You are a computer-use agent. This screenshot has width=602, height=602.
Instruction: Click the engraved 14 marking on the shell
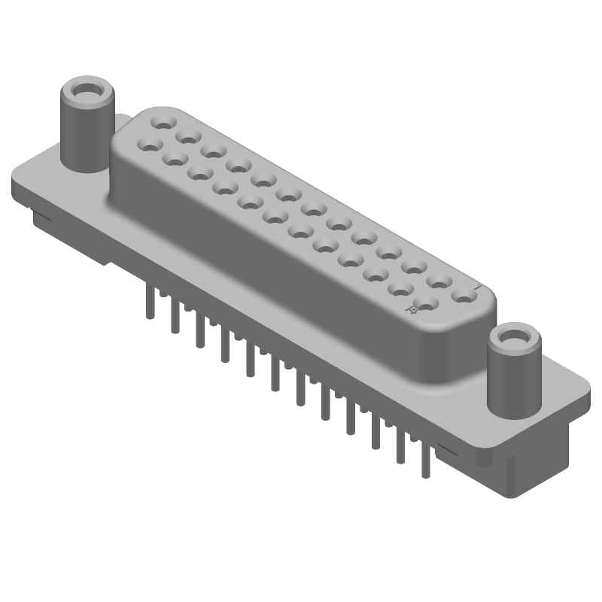pos(412,309)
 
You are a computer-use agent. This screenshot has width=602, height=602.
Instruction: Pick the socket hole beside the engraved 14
pos(426,305)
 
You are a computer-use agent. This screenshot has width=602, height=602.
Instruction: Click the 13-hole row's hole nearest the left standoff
pos(161,120)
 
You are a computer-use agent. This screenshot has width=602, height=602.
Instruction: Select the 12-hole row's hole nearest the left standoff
pos(149,141)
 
